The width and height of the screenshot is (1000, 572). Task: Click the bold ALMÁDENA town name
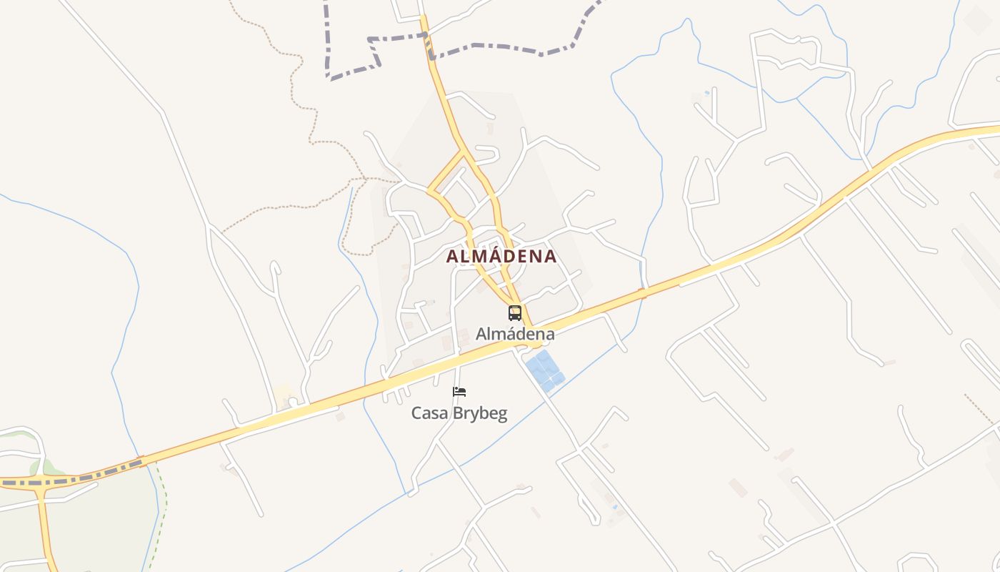click(x=501, y=257)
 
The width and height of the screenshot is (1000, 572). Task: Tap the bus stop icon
click(x=515, y=313)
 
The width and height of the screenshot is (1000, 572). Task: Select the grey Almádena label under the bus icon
click(x=515, y=334)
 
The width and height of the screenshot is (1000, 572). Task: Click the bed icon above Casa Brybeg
click(x=459, y=392)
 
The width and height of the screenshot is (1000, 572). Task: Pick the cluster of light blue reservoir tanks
click(x=544, y=370)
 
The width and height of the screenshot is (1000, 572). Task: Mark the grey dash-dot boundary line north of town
click(x=500, y=48)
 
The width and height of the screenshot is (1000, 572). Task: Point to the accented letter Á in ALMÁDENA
click(x=486, y=256)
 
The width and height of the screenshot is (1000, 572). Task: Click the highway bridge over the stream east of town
click(x=641, y=292)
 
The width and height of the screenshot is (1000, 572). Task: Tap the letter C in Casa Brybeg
click(x=416, y=413)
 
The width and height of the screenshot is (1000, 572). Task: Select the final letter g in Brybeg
click(x=502, y=415)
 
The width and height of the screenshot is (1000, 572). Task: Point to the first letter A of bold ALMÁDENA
click(x=452, y=257)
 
